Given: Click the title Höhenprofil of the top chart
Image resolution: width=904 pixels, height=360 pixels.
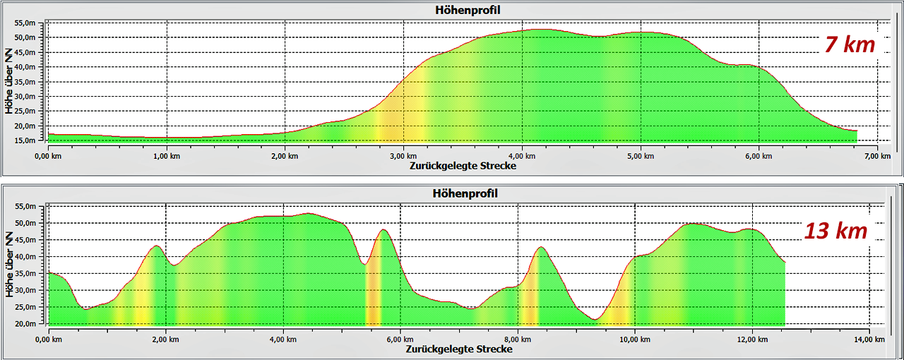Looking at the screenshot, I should (463, 9).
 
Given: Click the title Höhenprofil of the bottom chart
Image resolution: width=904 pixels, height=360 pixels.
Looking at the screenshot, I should (463, 193).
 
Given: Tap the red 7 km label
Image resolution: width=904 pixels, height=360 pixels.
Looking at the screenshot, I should (850, 45).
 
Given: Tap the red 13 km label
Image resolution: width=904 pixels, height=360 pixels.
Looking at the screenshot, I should (836, 230).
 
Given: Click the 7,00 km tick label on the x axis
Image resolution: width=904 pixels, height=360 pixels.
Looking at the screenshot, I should (876, 155).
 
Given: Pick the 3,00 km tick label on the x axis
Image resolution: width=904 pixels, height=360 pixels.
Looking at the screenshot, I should (403, 155).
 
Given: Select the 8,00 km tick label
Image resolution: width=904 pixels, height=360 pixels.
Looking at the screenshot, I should (518, 339).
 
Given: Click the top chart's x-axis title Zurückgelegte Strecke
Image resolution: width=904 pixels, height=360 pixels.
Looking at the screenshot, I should (463, 166).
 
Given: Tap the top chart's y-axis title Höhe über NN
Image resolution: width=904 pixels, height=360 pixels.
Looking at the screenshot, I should (9, 80).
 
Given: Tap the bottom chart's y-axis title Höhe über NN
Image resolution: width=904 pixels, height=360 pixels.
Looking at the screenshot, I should (9, 265).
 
